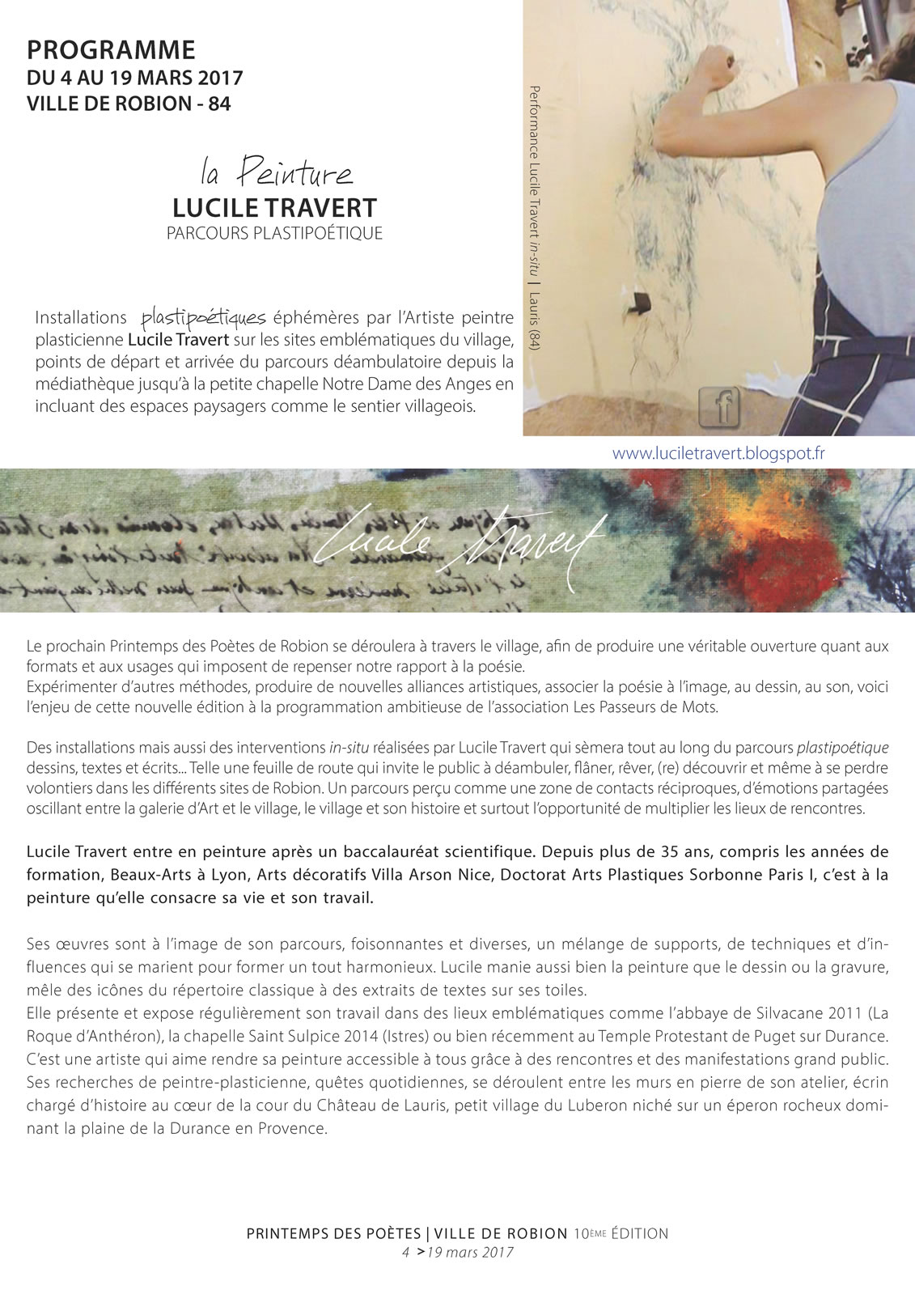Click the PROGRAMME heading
[111, 50]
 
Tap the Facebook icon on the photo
[719, 407]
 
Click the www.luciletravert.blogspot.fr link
[718, 454]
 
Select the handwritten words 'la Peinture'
[276, 173]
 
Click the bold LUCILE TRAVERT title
[274, 208]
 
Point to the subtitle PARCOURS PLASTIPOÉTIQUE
[274, 234]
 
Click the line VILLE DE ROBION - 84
[129, 104]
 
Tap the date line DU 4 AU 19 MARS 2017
[134, 78]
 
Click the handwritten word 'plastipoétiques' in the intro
[203, 317]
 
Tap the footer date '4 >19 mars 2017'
[458, 1252]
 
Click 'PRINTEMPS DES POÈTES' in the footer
[334, 1234]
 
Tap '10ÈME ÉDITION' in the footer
[621, 1234]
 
